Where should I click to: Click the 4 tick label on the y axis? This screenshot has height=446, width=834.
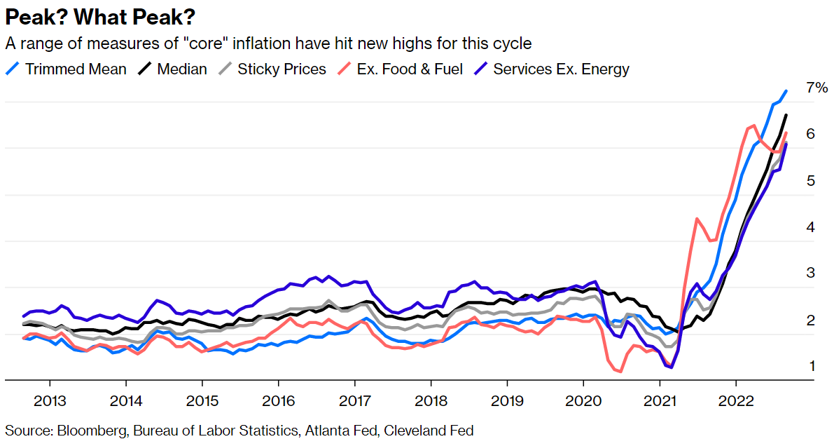tap(811, 227)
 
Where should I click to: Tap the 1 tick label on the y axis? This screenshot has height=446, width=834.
tap(811, 366)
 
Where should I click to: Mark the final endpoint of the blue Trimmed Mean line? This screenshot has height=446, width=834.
tap(786, 90)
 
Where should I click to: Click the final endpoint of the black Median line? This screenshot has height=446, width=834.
tap(786, 115)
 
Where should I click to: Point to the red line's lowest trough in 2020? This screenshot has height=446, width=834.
tap(620, 372)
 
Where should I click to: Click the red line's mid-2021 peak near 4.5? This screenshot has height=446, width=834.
tap(697, 219)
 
